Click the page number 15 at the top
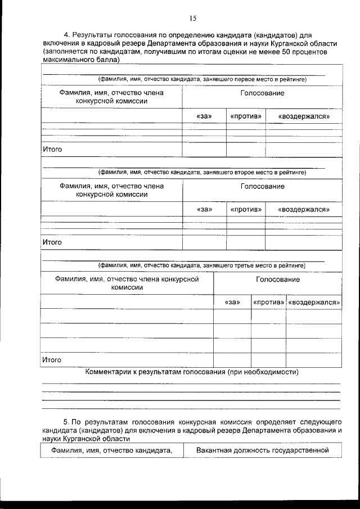pos(192,19)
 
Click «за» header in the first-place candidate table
pos(204,116)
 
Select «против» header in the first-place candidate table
pos(246,116)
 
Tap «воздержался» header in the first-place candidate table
pos(304,116)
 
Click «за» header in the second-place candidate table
pos(204,209)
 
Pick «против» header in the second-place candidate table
pos(246,209)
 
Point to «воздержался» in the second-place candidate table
pos(304,209)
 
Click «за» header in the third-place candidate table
pos(232,302)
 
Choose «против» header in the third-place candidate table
pos(268,302)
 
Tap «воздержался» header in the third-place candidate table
pos(314,302)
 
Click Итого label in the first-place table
pos(52,150)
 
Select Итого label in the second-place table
pos(52,242)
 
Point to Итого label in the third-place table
pos(52,359)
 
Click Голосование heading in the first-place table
pos(262,93)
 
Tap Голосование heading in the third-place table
pos(278,280)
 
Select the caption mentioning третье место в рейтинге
pos(202,265)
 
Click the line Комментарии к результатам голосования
pos(191,372)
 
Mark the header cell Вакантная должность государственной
pos(262,451)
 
